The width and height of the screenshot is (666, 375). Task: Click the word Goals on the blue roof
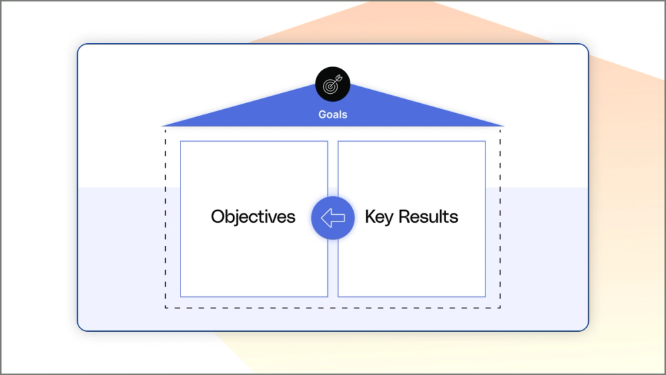[332, 114]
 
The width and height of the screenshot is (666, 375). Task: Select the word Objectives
[253, 217]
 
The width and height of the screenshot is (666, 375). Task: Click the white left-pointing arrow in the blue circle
[332, 217]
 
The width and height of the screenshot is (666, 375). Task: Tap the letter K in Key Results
[370, 217]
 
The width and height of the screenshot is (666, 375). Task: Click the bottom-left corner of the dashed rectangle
[166, 308]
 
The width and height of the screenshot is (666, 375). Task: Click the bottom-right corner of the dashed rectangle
[500, 308]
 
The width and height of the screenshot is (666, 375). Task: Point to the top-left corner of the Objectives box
[180, 142]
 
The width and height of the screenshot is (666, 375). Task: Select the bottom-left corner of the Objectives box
[180, 297]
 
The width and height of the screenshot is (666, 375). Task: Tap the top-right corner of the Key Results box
[485, 142]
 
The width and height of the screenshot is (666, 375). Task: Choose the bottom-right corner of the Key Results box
[485, 297]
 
